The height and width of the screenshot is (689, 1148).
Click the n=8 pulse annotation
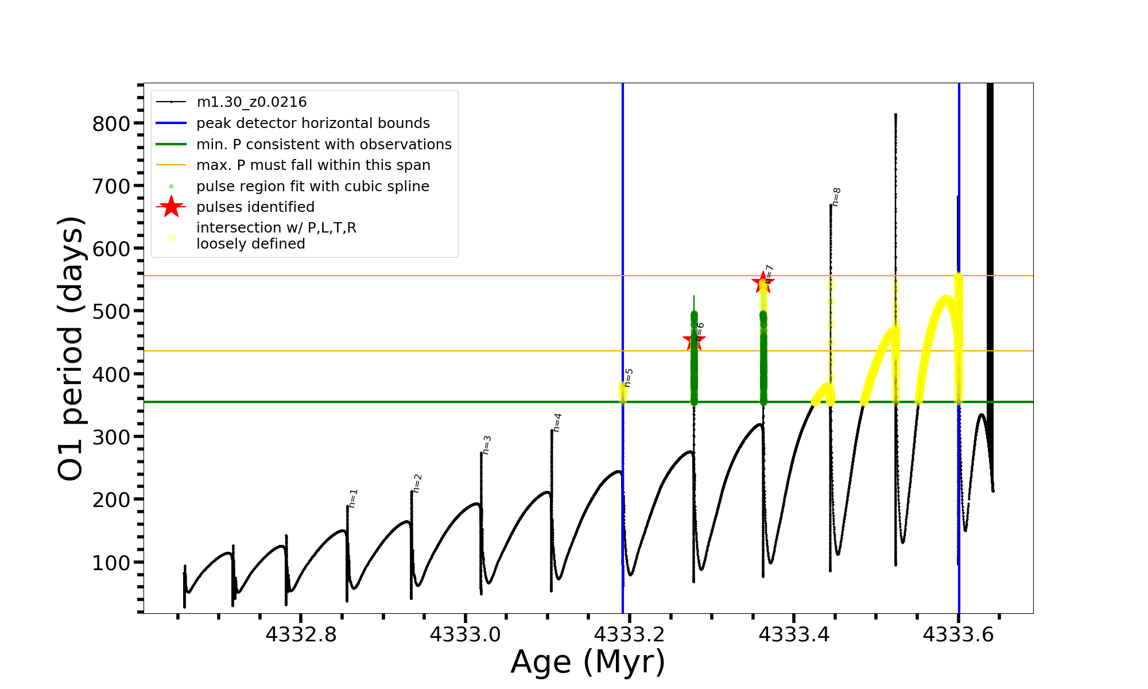pyautogui.click(x=836, y=197)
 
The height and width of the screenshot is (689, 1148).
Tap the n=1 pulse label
pyautogui.click(x=353, y=498)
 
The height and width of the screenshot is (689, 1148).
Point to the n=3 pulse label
pyautogui.click(x=487, y=445)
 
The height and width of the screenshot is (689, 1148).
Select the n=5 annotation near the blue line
pyautogui.click(x=629, y=378)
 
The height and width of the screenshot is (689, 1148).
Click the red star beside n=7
pyautogui.click(x=763, y=282)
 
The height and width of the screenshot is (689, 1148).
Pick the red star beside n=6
pyautogui.click(x=694, y=340)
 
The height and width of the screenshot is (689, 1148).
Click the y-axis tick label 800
pyautogui.click(x=111, y=123)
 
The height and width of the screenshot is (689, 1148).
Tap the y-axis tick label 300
pyautogui.click(x=111, y=437)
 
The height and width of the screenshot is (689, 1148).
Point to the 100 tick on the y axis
pyautogui.click(x=111, y=563)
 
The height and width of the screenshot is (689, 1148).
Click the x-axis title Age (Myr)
pyautogui.click(x=588, y=662)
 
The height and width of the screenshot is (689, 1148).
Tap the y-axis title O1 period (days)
pyautogui.click(x=71, y=349)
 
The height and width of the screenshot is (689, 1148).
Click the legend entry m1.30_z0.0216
pyautogui.click(x=251, y=102)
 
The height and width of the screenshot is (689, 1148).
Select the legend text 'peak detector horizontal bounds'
pyautogui.click(x=313, y=123)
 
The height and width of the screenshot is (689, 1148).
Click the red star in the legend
pyautogui.click(x=171, y=207)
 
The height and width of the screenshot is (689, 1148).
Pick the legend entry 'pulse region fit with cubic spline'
pyautogui.click(x=313, y=187)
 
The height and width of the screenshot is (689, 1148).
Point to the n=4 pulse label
pyautogui.click(x=557, y=423)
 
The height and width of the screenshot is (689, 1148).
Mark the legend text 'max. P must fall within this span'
pyautogui.click(x=313, y=165)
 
